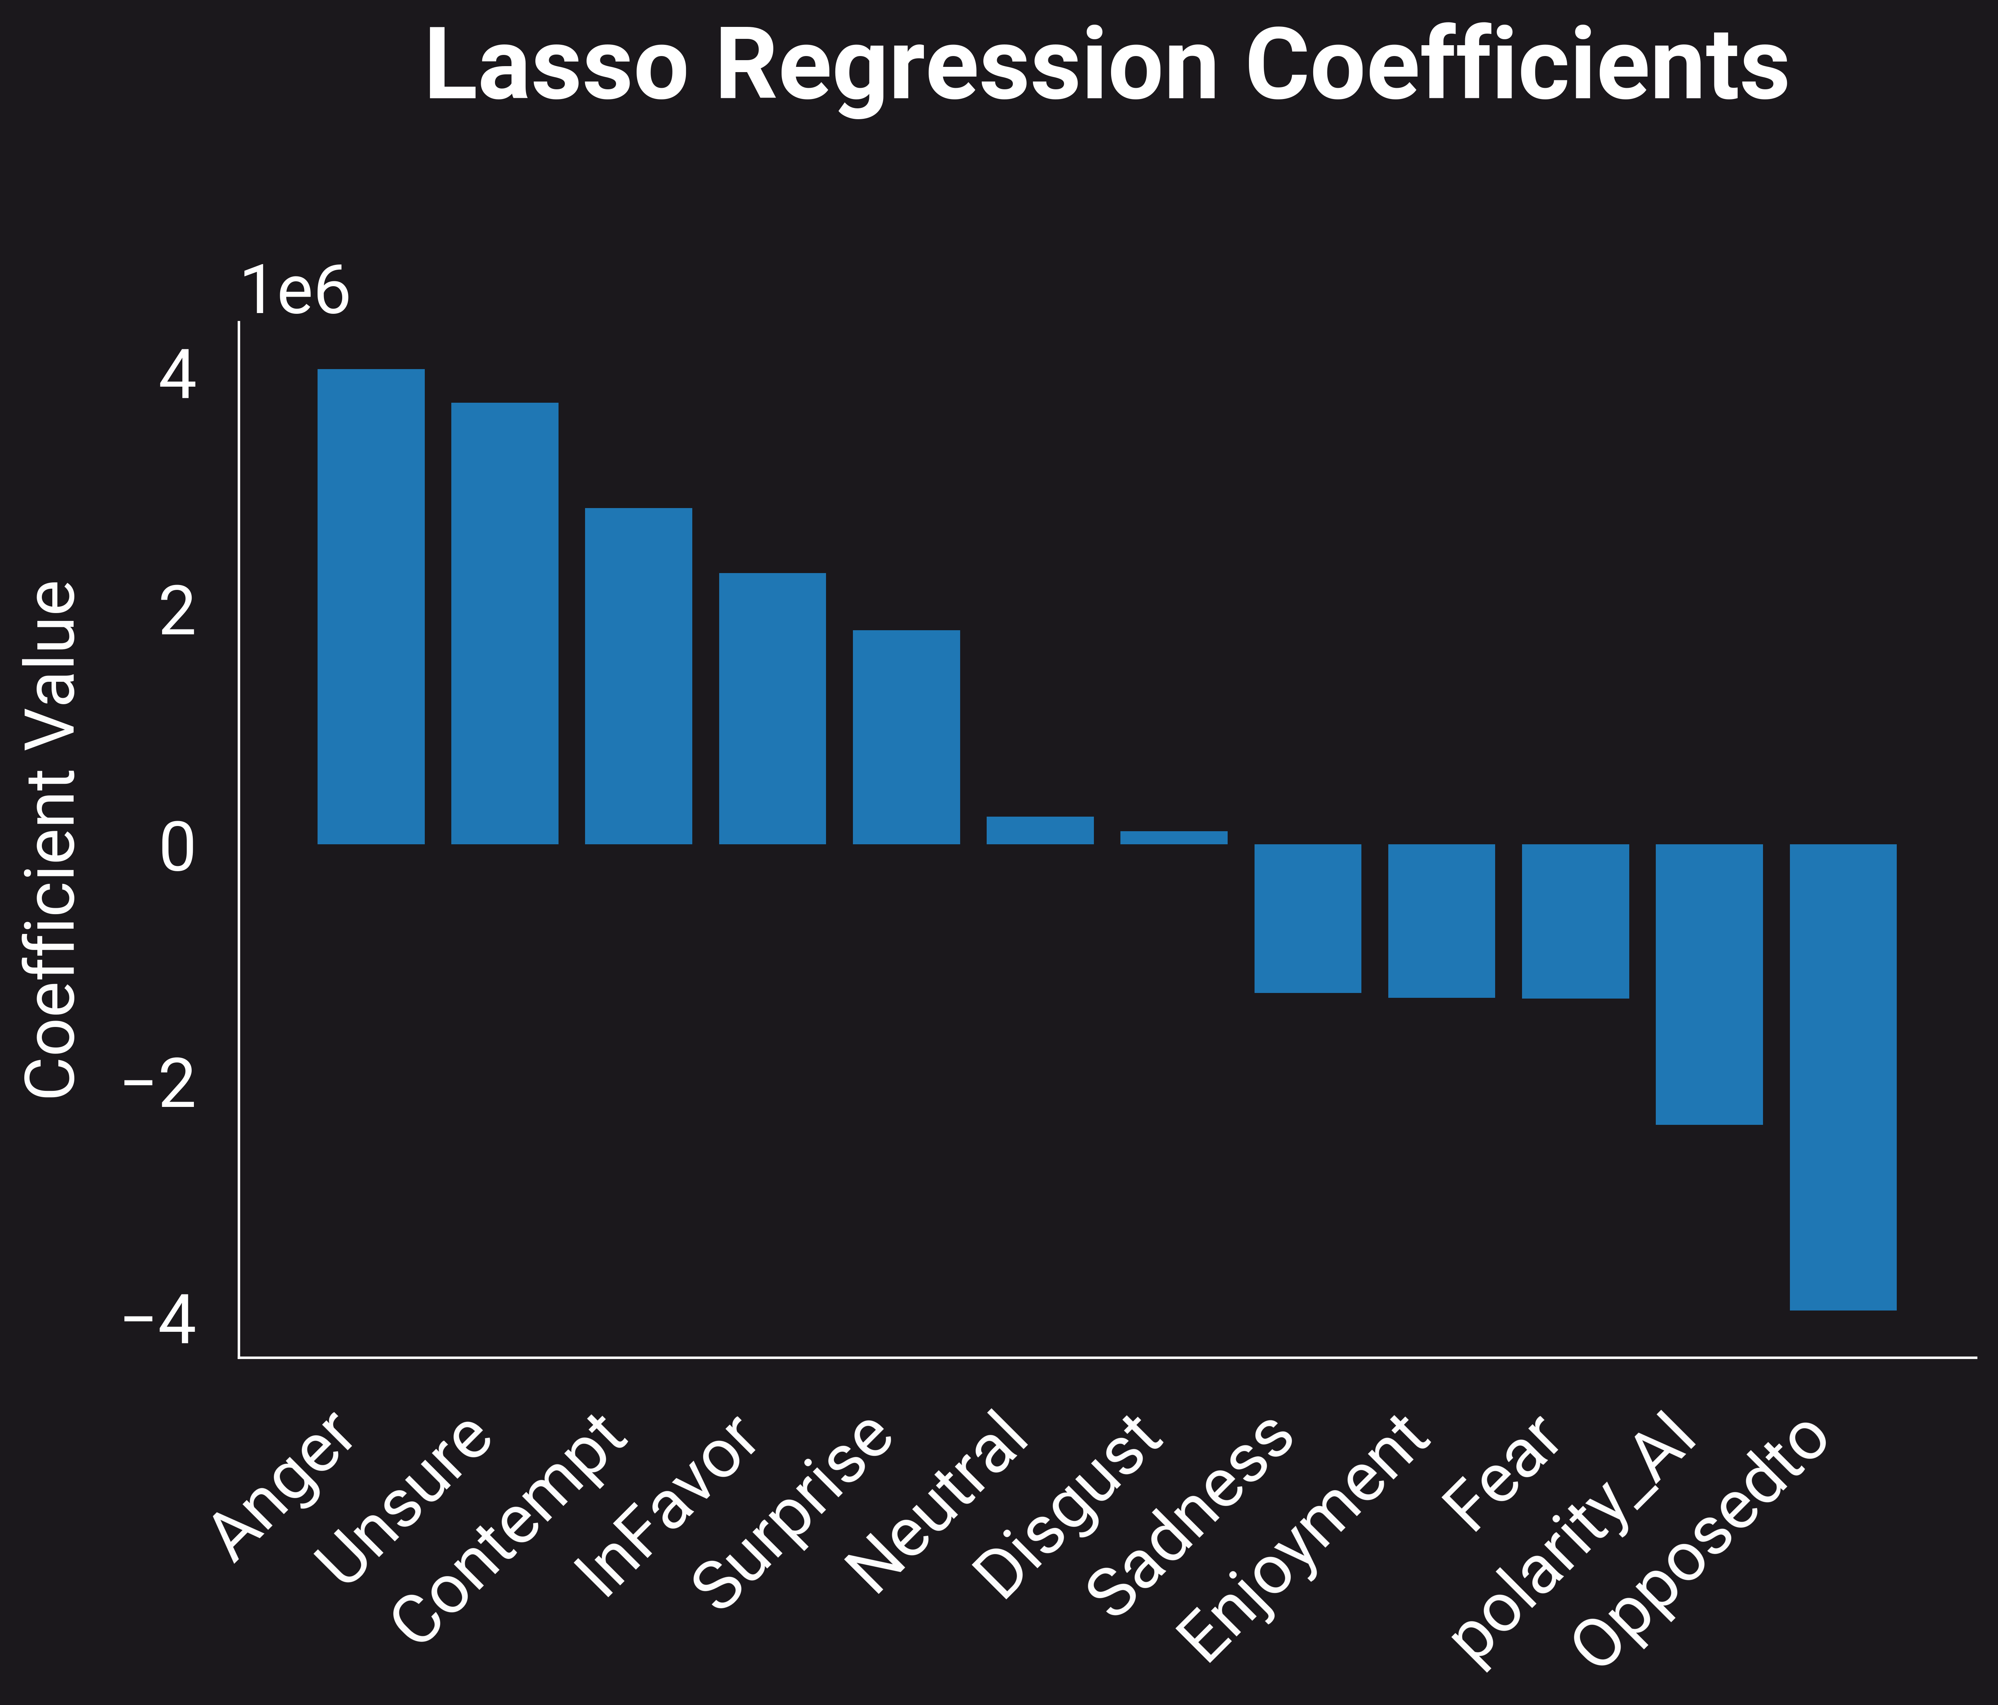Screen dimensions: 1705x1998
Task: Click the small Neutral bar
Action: coord(1039,830)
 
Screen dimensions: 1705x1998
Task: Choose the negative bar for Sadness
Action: coord(1308,918)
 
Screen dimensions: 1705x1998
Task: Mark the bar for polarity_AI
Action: coord(1709,984)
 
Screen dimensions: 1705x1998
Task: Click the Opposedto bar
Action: coord(1843,1077)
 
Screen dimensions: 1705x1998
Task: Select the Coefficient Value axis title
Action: coord(50,839)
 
